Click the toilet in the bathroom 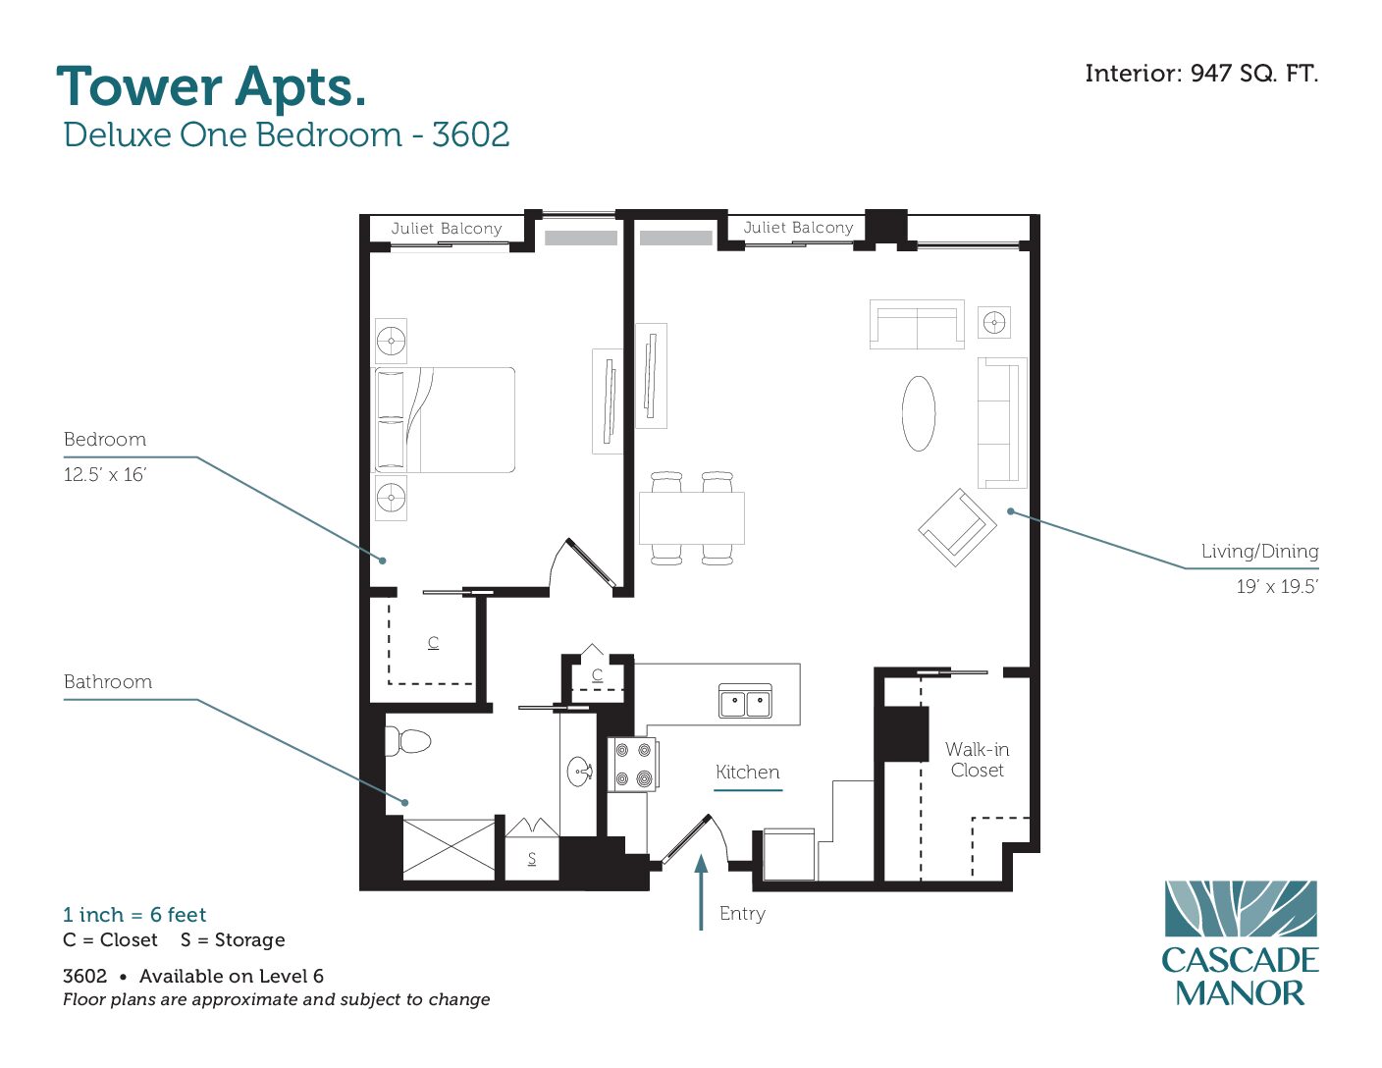407,740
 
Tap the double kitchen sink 745,701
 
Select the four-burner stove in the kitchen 633,765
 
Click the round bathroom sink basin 580,772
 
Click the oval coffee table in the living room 919,413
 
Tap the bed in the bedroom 444,420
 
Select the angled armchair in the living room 957,527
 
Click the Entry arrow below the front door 701,892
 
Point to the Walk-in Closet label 977,760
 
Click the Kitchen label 747,773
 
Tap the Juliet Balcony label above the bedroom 447,229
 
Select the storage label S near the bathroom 532,858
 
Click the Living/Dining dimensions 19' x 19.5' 1277,586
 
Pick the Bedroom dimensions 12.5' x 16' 105,474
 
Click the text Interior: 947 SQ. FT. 1201,74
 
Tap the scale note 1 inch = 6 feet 134,915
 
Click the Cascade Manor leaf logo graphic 1241,908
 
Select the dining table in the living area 691,517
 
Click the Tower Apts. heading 211,87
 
